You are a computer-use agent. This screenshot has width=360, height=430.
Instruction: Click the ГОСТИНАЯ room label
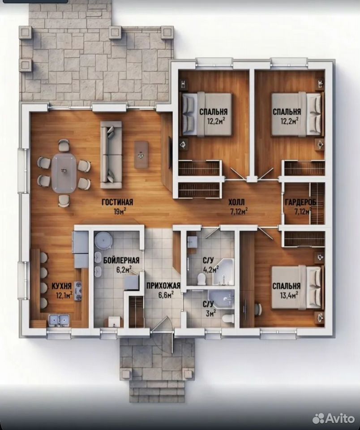pyautogui.click(x=117, y=202)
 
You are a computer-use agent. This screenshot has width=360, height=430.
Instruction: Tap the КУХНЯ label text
pyautogui.click(x=62, y=286)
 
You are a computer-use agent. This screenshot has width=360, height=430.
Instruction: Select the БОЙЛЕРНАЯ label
pyautogui.click(x=121, y=260)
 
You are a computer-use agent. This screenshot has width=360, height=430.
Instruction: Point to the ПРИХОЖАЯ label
pyautogui.click(x=163, y=286)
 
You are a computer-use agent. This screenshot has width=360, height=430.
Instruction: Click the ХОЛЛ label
pyautogui.click(x=236, y=202)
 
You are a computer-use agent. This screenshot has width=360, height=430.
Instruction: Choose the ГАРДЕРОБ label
pyautogui.click(x=300, y=202)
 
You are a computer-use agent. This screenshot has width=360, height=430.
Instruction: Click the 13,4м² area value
pyautogui.click(x=289, y=295)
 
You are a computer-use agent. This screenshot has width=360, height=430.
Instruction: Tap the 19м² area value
pyautogui.click(x=120, y=211)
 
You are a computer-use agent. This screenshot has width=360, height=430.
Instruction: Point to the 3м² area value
pyautogui.click(x=210, y=313)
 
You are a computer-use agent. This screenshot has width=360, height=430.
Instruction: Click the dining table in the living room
pyautogui.click(x=64, y=173)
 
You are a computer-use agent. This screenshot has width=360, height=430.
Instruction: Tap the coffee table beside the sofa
pyautogui.click(x=141, y=155)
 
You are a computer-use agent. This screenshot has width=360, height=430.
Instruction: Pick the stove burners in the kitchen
pyautogui.click(x=79, y=291)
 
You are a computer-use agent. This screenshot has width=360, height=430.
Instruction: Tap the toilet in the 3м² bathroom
pyautogui.click(x=228, y=318)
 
